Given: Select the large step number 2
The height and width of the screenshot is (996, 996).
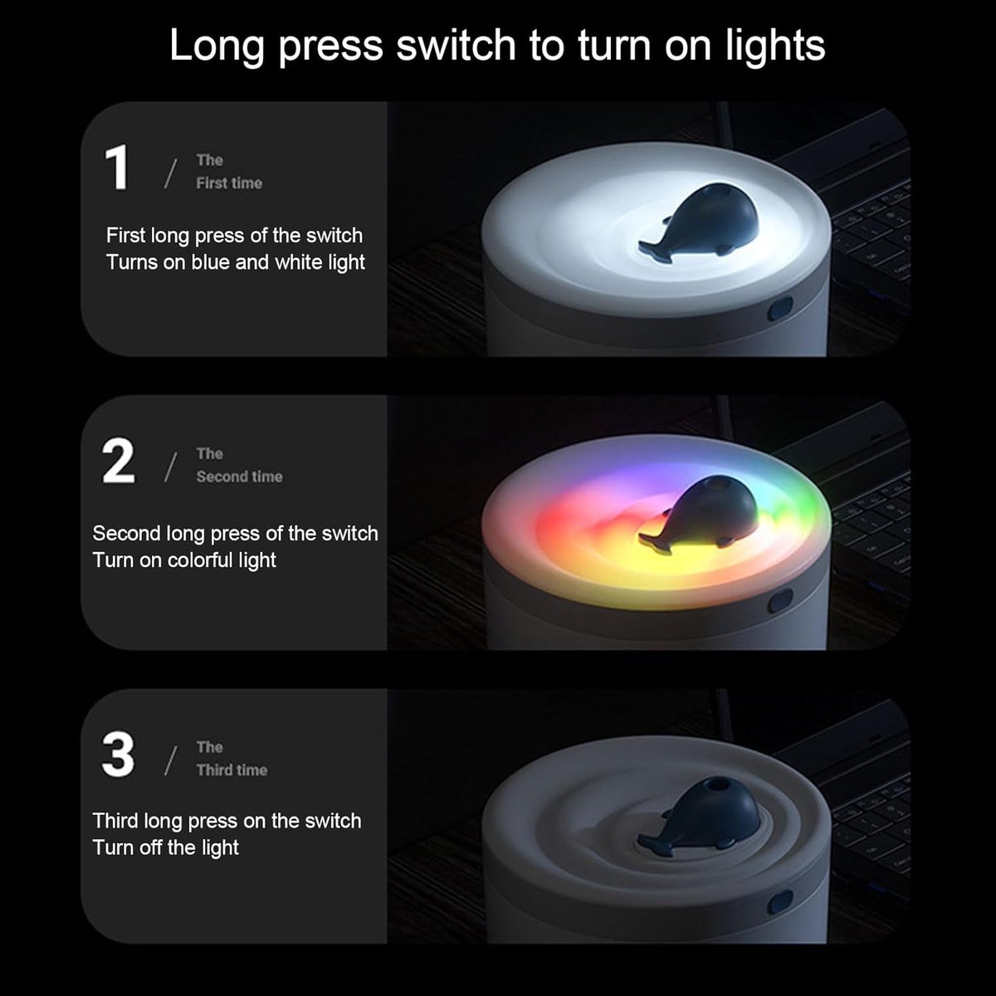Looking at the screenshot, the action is (x=119, y=461).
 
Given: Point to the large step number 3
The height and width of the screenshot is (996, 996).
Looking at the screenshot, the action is (x=119, y=754).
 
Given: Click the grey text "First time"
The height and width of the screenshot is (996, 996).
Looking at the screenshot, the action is (x=229, y=183).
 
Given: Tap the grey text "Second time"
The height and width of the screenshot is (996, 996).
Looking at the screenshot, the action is (x=239, y=476).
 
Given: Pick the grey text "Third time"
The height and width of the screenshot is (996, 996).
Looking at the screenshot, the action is (x=232, y=770).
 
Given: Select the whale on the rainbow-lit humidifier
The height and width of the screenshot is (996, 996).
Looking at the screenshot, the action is (x=698, y=515).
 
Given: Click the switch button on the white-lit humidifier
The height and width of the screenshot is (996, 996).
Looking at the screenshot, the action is (x=780, y=309).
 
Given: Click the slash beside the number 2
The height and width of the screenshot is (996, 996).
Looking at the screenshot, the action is (x=171, y=468).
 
